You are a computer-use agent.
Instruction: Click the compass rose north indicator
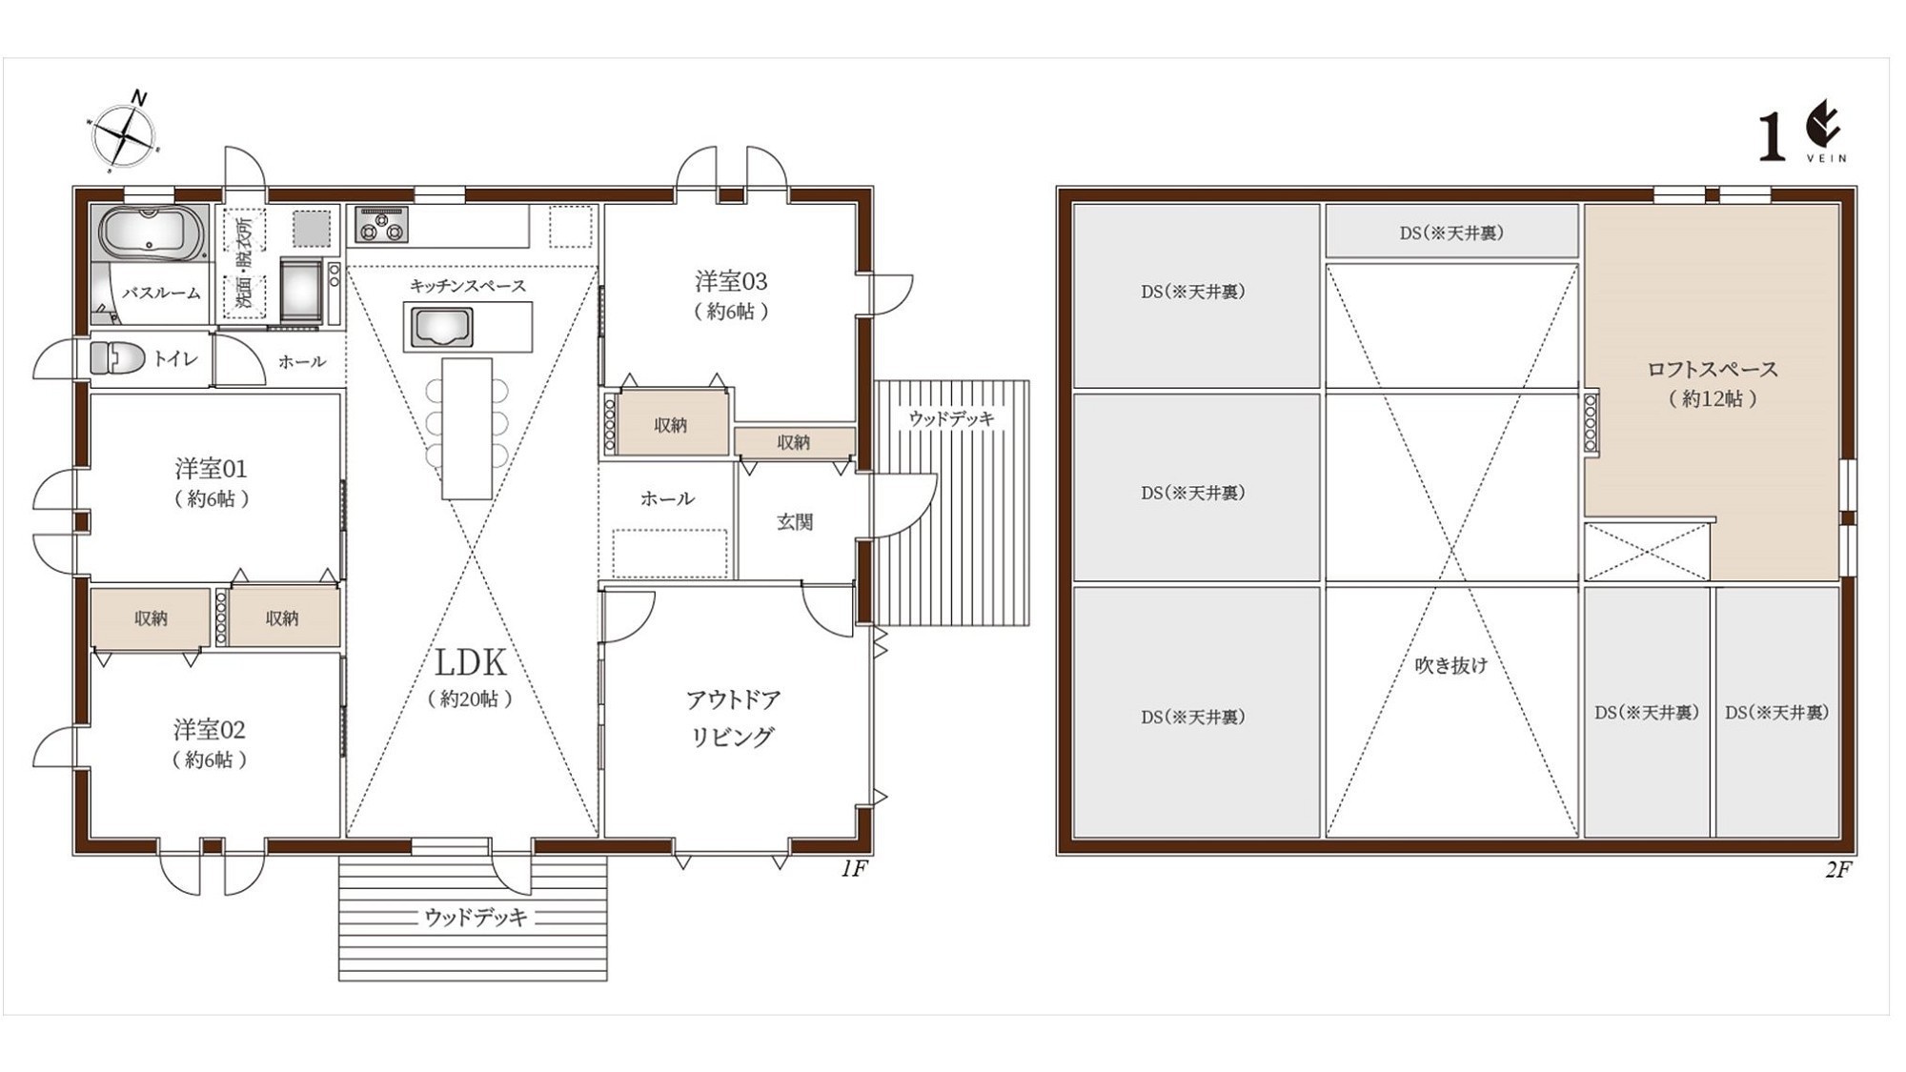(125, 131)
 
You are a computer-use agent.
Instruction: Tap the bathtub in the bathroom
(152, 234)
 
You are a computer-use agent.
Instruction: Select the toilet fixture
(117, 358)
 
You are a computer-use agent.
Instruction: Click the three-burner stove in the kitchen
(381, 225)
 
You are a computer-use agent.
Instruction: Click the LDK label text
(471, 663)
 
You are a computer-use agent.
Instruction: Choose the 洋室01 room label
(211, 468)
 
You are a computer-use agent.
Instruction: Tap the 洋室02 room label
(210, 730)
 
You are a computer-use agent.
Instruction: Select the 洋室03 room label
(731, 281)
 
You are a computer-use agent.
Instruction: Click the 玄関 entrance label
(795, 521)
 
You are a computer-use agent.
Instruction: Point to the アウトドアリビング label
(733, 718)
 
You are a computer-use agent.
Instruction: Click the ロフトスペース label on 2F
(1713, 370)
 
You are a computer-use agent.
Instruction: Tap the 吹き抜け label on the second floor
(1450, 665)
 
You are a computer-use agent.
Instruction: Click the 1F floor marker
(854, 869)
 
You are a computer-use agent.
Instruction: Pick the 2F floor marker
(1837, 870)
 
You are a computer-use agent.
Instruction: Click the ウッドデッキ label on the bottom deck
(476, 918)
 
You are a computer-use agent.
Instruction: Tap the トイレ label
(176, 358)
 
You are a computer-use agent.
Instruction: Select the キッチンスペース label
(468, 286)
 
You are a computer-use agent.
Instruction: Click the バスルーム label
(161, 293)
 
